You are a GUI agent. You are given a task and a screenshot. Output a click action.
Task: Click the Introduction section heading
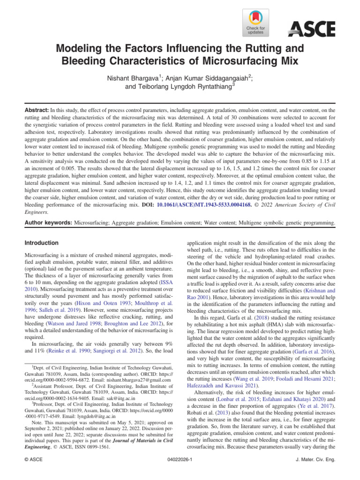pos(42,243)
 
